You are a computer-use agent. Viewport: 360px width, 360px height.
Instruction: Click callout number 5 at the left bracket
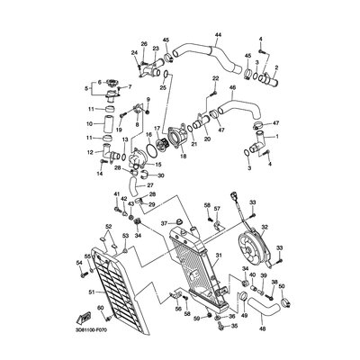pos(86,89)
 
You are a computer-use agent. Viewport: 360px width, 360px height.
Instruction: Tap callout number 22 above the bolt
pos(216,80)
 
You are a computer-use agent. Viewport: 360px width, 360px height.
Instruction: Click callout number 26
pos(144,43)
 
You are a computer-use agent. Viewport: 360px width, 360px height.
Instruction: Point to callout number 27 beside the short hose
pos(150,185)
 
